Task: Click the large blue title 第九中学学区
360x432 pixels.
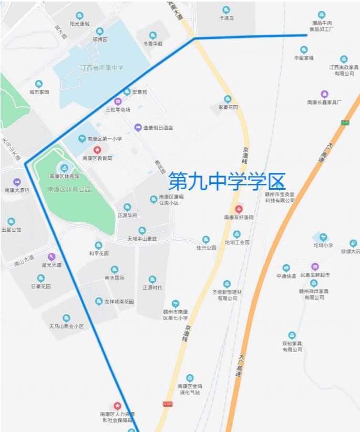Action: pos(227,182)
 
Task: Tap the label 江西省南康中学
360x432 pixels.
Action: pos(102,68)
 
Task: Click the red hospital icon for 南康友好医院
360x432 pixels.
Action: pos(239,209)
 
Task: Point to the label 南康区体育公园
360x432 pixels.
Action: pos(69,189)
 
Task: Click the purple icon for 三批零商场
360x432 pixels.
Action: pos(118,102)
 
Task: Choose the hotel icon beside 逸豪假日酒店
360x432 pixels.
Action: pos(138,127)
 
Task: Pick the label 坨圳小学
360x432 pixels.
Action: pos(323,245)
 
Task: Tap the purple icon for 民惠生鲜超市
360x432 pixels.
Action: pos(315,266)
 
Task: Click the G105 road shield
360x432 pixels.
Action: pos(168,404)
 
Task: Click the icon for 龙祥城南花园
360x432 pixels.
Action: pos(99,302)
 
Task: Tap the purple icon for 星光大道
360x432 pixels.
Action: pos(52,256)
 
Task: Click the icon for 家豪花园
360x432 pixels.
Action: pos(228,99)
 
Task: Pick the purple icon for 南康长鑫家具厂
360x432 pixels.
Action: pos(325,94)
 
